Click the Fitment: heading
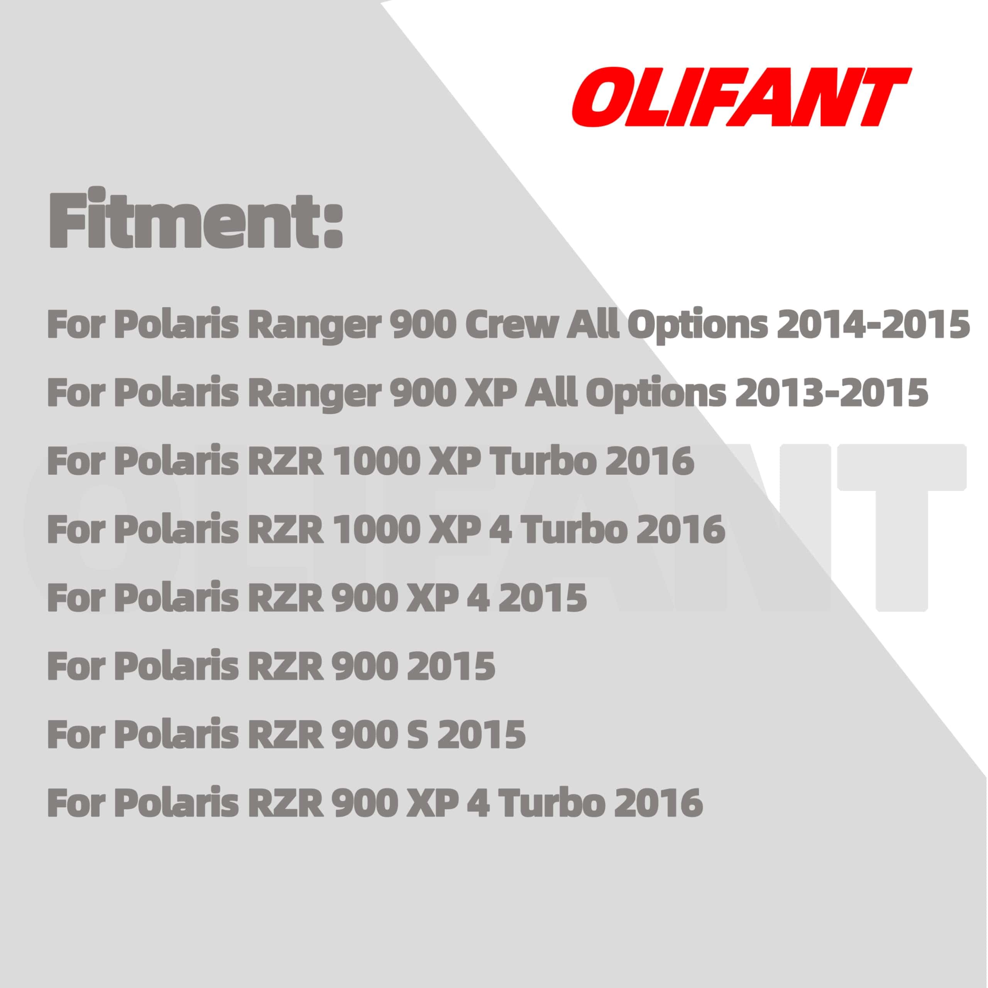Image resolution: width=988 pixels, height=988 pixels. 195,217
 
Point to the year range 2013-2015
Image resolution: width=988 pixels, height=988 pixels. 832,393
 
